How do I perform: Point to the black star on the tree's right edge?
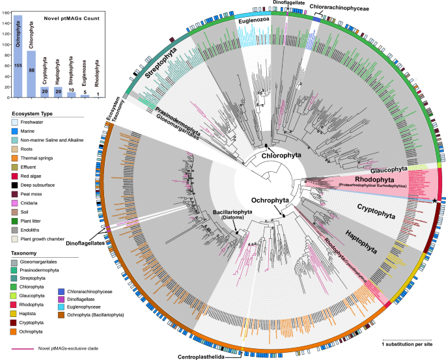click(x=435, y=200)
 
